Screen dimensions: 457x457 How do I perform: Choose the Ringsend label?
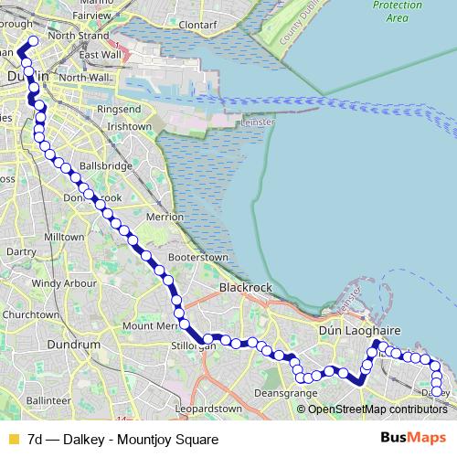point(118,110)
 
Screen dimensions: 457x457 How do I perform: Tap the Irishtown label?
point(129,126)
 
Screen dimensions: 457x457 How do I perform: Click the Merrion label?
point(165,218)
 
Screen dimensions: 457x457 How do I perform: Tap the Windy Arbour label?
point(64,283)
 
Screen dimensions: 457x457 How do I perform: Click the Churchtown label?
point(29,314)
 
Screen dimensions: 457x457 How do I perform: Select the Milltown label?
point(64,236)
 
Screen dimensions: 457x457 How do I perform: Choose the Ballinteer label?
point(48,400)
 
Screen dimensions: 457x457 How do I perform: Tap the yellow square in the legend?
point(13,440)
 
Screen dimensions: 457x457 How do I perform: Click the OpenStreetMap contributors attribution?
point(377,409)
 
